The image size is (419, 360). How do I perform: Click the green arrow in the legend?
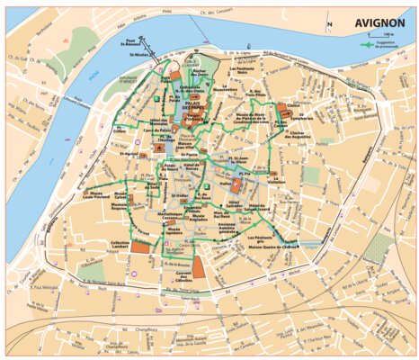[366, 43]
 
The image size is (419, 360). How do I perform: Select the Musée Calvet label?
[116, 206]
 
